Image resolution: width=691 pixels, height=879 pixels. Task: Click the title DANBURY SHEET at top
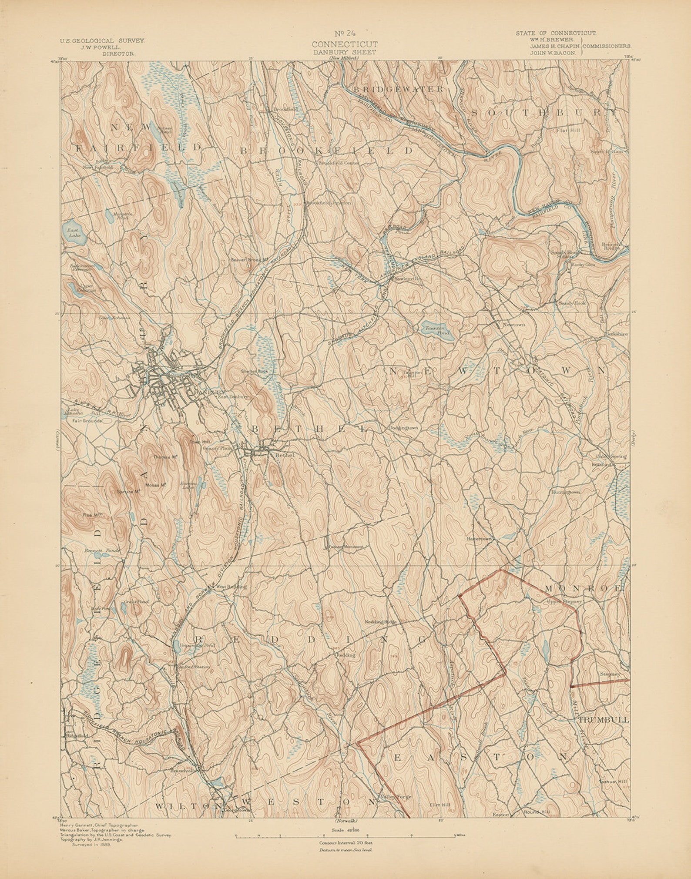(x=345, y=52)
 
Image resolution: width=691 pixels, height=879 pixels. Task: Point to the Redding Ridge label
(x=380, y=622)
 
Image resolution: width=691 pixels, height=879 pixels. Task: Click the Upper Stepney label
(x=564, y=602)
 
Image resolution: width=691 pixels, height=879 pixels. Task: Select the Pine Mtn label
(x=92, y=515)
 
